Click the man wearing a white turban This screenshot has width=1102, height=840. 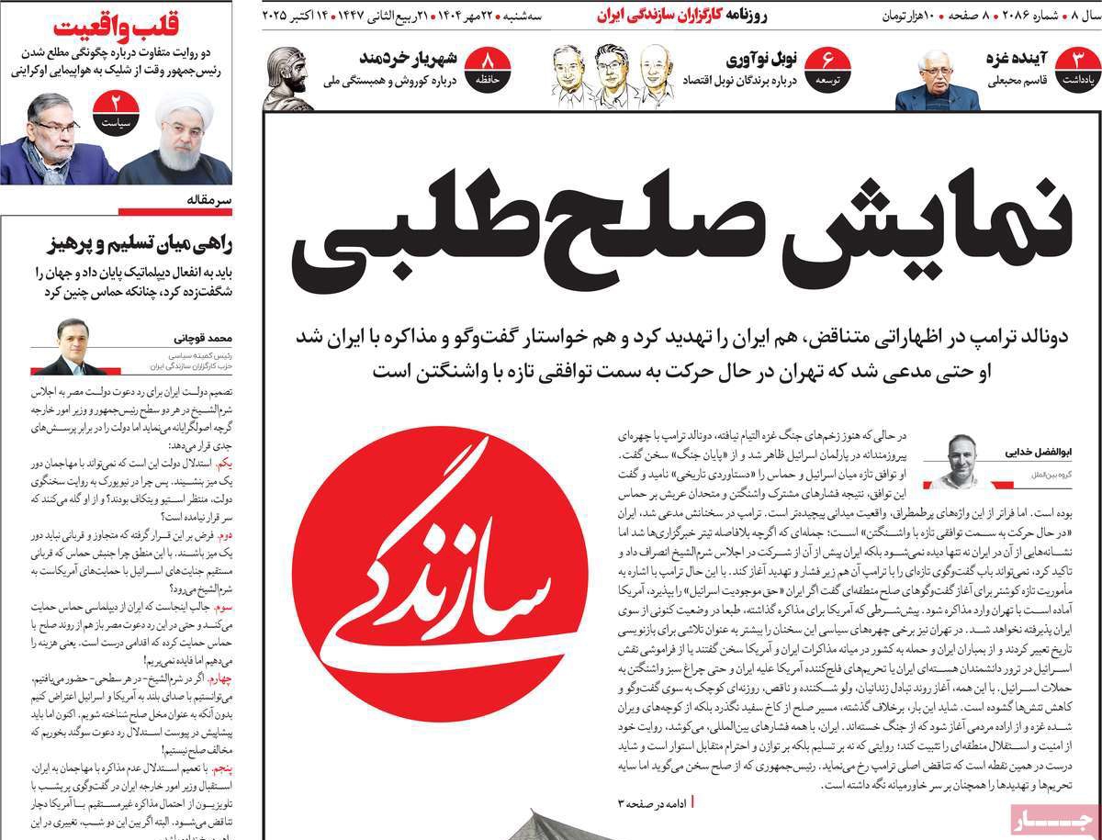(174, 138)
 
